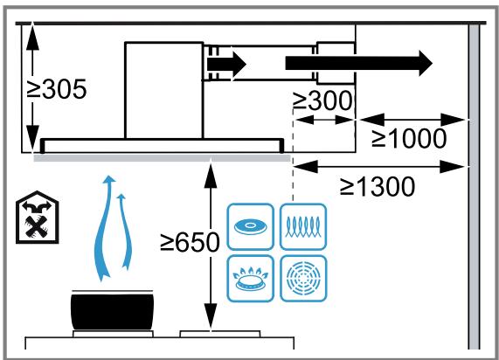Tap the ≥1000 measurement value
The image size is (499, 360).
(x=409, y=139)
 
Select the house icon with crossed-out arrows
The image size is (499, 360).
(x=36, y=217)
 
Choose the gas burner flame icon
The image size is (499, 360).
(x=251, y=278)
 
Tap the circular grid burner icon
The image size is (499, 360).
(x=303, y=278)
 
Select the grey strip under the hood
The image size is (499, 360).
(x=162, y=157)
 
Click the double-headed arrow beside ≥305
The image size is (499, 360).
(x=32, y=87)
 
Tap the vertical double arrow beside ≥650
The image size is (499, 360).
(x=210, y=245)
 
